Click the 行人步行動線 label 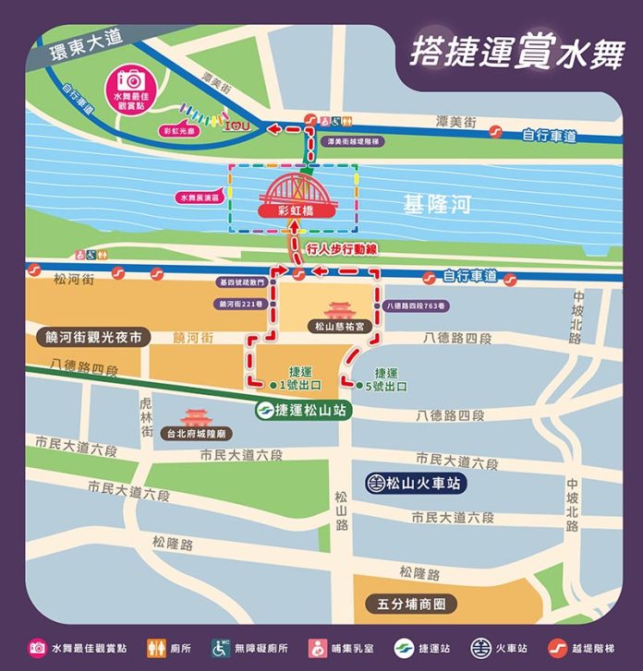pos(341,250)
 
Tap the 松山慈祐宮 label pos(339,326)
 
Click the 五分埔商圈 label pos(412,605)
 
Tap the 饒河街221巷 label pos(241,304)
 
